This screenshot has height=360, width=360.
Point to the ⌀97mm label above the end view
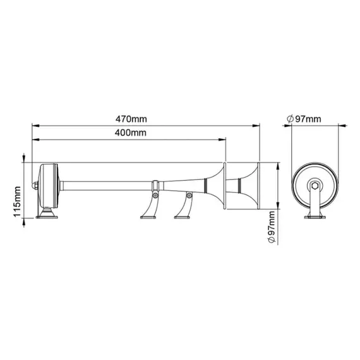pyautogui.click(x=304, y=118)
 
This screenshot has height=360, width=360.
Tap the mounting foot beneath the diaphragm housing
pyautogui.click(x=48, y=215)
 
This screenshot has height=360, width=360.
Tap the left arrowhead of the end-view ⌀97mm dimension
pyautogui.click(x=292, y=125)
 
